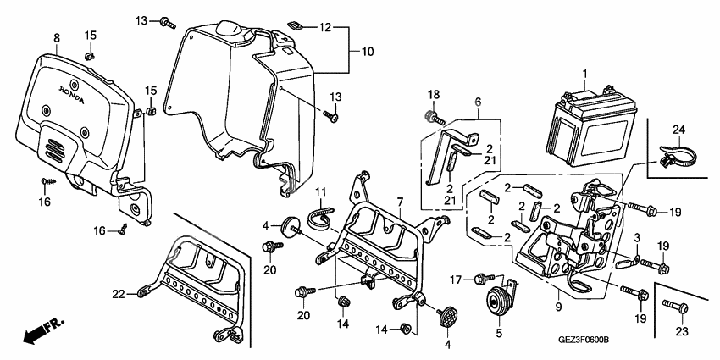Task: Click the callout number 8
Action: click(57, 38)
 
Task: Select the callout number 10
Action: click(368, 52)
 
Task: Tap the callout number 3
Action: click(636, 240)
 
